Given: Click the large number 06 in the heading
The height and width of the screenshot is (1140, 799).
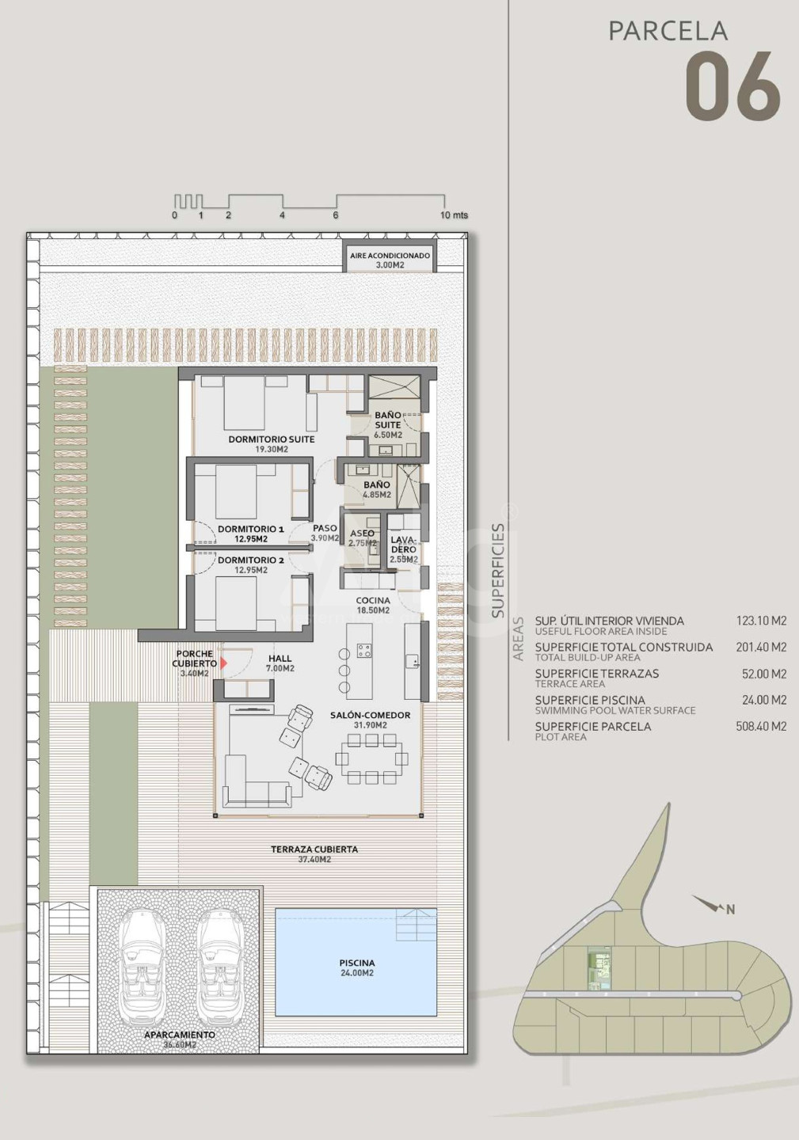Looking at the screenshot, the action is tap(732, 86).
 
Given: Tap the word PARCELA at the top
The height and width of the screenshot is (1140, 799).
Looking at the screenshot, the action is tap(668, 31).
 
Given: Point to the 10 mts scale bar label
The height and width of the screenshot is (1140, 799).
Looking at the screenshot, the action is tap(454, 215).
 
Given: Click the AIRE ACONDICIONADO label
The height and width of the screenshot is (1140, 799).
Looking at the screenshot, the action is tap(390, 256).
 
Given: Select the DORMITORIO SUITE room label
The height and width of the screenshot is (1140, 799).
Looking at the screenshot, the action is tap(272, 439).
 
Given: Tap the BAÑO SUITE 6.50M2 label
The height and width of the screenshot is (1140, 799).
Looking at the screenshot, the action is tap(388, 425).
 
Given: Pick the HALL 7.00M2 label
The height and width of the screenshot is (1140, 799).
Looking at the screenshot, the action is tap(280, 663).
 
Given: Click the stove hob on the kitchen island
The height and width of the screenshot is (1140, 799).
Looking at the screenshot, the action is tap(364, 651).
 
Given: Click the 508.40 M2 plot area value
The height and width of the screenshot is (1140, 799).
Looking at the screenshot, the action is tap(761, 726).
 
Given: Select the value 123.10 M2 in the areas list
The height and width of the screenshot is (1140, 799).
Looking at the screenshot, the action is tap(761, 621).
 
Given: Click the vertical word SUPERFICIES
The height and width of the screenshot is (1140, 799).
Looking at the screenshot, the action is tap(499, 571).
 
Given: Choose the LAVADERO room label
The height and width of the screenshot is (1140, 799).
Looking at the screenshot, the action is tap(404, 545).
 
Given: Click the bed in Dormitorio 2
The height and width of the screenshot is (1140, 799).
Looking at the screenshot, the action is tap(236, 602).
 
